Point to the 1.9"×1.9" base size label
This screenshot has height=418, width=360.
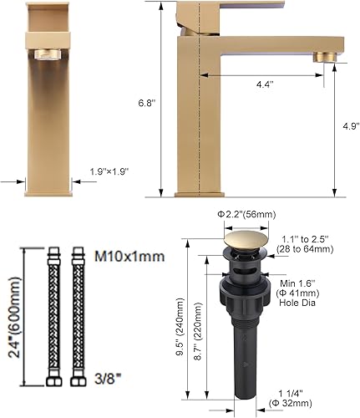(109, 171)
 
